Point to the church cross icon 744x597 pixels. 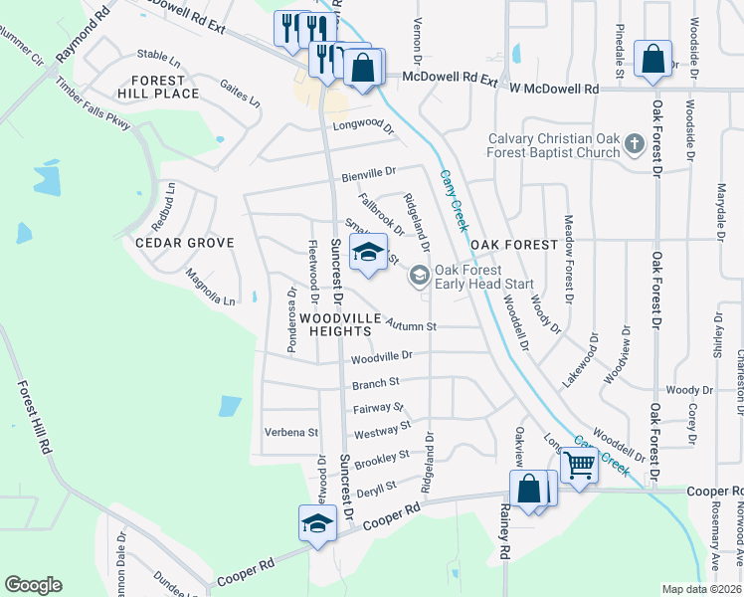tap(634, 146)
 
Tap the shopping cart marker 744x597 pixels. tap(578, 465)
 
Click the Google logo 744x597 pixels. tap(32, 585)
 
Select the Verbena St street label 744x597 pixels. tap(290, 433)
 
